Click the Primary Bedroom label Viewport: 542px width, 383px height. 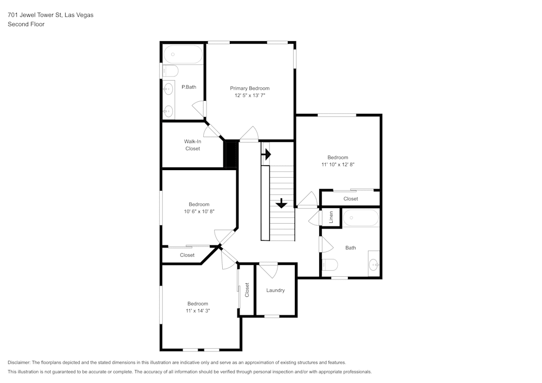249,88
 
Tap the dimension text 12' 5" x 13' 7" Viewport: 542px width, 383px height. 249,95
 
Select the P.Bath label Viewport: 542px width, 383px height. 189,87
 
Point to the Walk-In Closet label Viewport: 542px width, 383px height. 192,145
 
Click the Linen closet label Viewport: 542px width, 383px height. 331,217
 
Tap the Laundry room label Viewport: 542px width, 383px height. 275,290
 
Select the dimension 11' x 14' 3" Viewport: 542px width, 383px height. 198,311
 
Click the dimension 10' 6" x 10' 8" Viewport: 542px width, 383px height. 199,211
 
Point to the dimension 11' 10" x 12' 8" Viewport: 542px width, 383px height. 338,164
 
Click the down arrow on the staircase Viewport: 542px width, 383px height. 281,203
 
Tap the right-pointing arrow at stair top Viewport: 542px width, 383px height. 266,154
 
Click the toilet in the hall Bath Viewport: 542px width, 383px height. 330,265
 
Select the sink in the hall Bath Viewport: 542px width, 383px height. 373,264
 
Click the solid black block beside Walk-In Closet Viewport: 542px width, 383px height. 231,155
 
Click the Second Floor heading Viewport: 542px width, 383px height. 26,24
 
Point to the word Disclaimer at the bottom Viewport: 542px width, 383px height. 19,362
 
